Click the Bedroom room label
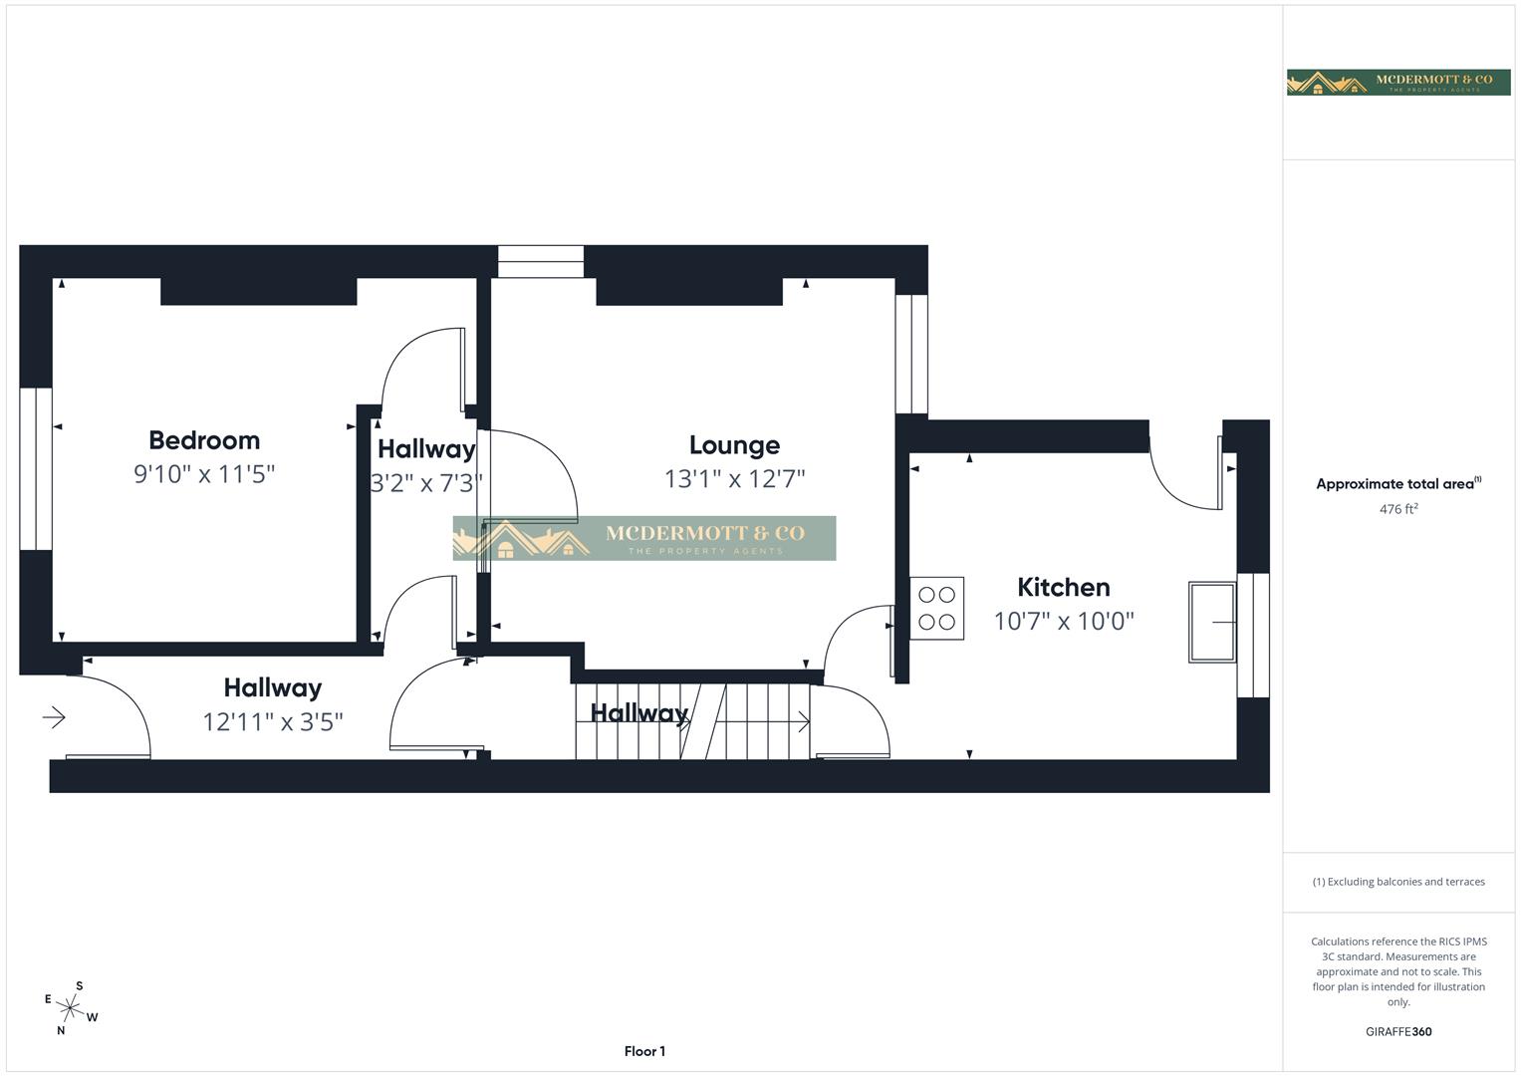point(204,440)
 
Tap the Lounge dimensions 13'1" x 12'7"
point(734,479)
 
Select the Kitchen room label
point(1063,587)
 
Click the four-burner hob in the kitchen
point(936,608)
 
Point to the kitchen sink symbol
point(1212,623)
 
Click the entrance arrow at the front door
point(54,716)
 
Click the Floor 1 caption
point(644,1051)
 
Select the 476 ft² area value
point(1397,509)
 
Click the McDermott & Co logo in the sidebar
point(1397,82)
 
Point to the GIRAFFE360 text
point(1397,1031)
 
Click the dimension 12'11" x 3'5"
point(272,721)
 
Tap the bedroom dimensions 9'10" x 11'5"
point(204,474)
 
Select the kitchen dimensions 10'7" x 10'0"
point(1063,621)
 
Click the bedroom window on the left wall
point(36,468)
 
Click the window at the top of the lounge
point(540,262)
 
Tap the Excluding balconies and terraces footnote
point(1397,882)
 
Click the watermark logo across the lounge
point(644,538)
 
